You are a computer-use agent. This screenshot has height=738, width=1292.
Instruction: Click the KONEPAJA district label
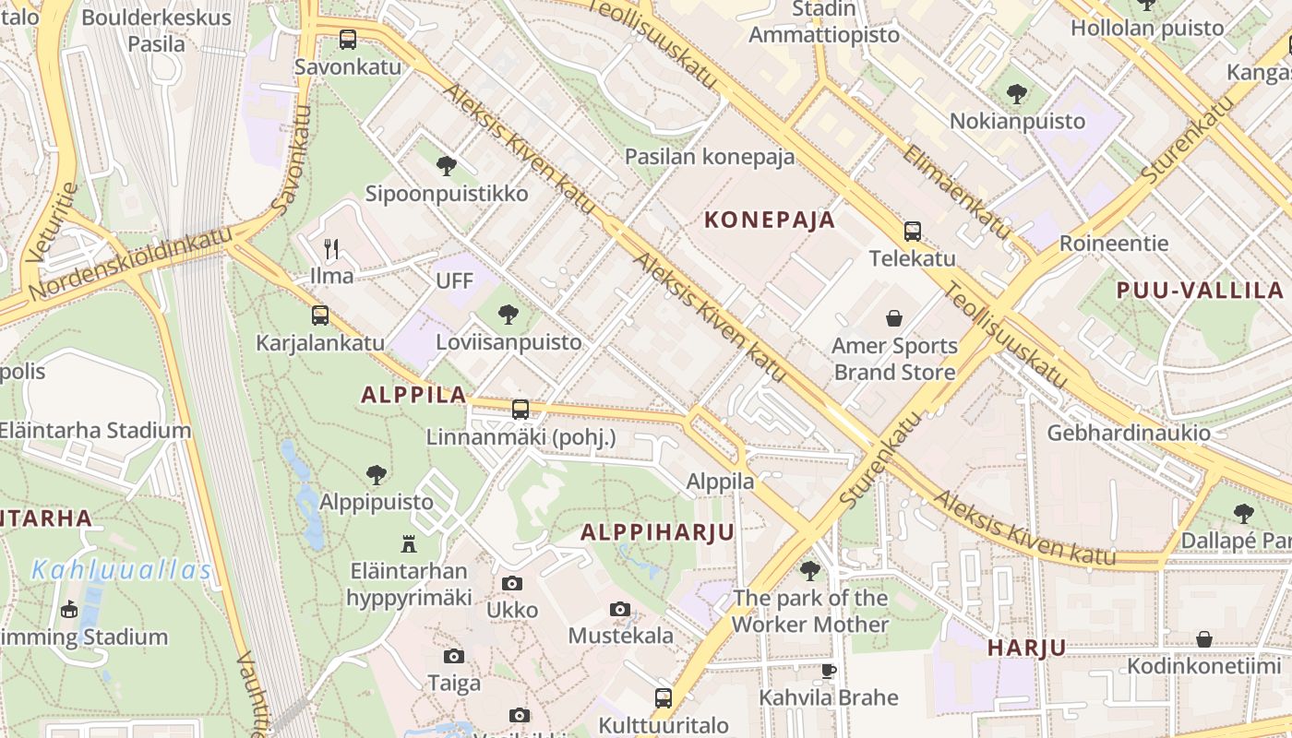770,220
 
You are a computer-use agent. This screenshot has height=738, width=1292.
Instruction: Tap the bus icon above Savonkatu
347,40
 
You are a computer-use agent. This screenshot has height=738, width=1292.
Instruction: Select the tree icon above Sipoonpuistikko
447,166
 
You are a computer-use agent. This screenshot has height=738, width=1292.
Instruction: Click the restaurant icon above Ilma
331,248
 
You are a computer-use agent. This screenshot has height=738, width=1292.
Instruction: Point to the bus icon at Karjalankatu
319,315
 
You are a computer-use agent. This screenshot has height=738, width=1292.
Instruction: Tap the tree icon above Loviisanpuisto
508,315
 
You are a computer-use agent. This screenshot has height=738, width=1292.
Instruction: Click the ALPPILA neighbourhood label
413,395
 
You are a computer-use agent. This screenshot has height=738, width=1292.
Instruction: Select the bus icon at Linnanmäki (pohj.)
520,409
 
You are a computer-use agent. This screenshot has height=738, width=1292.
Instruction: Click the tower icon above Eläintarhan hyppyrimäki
409,543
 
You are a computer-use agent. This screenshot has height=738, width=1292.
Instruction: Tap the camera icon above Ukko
512,583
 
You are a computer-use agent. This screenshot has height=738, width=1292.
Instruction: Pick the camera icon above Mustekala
620,609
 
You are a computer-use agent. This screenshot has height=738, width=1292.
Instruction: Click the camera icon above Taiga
453,656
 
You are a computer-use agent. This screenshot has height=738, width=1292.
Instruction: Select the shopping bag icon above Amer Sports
894,319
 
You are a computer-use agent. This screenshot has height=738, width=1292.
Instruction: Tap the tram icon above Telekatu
913,232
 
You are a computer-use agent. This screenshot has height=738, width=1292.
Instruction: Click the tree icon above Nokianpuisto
1016,93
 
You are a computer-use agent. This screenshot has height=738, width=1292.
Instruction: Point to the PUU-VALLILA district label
1200,291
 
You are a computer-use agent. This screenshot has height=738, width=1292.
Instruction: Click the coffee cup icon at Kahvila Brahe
828,671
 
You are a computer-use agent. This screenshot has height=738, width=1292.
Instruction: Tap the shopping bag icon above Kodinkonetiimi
1204,639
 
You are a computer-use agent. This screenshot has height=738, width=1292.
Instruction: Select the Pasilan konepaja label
710,157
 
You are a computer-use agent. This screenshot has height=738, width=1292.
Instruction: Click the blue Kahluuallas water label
122,570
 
